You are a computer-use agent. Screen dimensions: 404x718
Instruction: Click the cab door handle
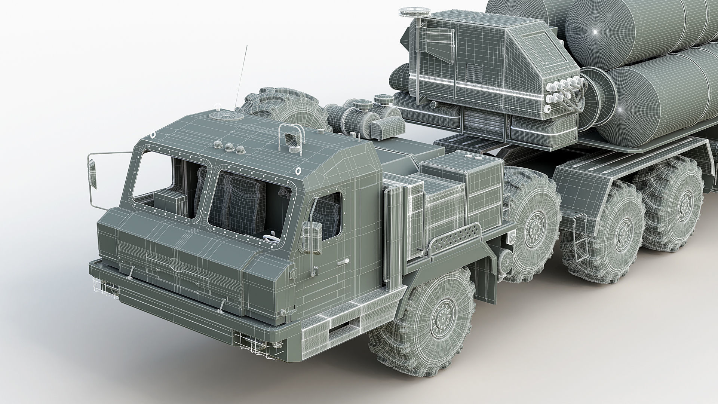point(342,263)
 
